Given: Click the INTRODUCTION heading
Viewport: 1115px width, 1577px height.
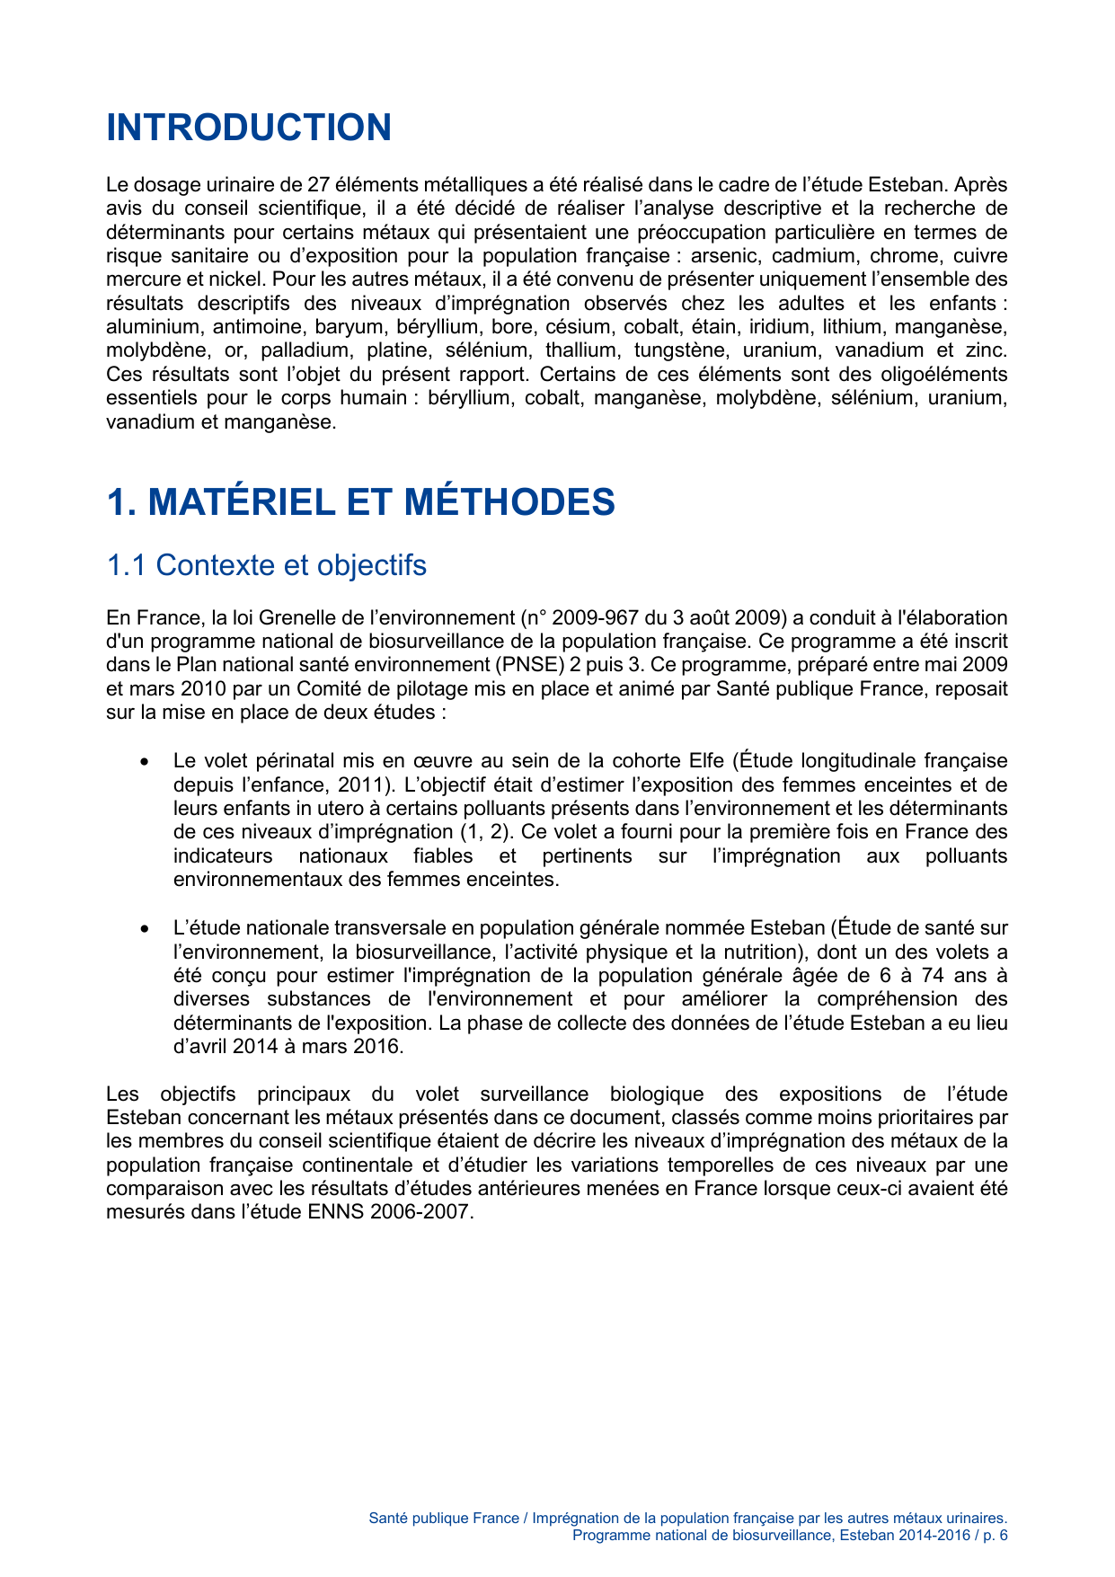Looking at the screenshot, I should (249, 128).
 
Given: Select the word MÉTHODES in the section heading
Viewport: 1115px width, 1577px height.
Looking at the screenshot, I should (509, 501).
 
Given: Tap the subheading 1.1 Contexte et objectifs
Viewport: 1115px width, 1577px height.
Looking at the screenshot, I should (266, 565).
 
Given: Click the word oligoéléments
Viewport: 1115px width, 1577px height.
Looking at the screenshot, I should (950, 374).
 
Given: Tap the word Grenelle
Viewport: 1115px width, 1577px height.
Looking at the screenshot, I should (296, 618).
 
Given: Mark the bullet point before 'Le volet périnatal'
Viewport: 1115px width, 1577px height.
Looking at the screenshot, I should (144, 762).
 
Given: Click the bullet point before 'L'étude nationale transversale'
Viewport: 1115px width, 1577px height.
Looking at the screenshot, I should (144, 929).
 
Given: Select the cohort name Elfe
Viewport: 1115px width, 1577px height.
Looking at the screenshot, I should (706, 761).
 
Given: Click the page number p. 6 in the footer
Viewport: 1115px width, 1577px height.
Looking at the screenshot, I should (995, 1535).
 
